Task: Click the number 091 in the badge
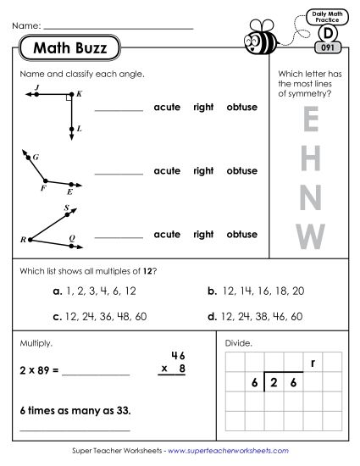(326, 48)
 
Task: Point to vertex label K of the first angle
(79, 93)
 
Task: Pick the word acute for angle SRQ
(167, 234)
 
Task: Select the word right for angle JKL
(203, 107)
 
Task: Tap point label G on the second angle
(36, 158)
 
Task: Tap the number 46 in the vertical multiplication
(177, 354)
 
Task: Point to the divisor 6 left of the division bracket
(253, 383)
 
